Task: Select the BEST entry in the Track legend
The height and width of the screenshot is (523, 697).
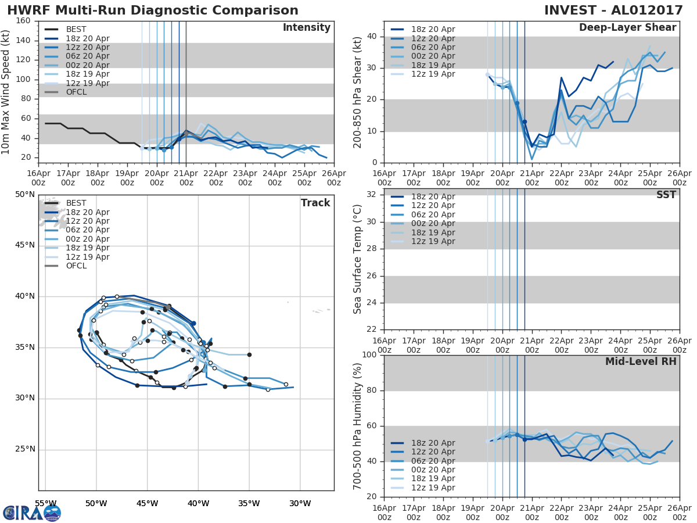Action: click(x=76, y=203)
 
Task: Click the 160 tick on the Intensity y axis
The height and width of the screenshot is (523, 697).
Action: click(x=23, y=21)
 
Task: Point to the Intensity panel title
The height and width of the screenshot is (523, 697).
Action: click(x=306, y=28)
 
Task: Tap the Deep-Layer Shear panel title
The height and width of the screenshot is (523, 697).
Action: click(x=627, y=28)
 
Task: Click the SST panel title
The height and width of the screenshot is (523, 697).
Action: click(x=666, y=195)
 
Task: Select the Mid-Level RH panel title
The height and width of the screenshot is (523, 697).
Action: click(x=641, y=361)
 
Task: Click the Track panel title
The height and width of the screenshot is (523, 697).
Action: click(x=315, y=203)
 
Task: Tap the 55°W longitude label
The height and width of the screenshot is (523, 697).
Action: click(x=46, y=503)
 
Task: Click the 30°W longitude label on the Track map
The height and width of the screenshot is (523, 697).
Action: click(x=300, y=503)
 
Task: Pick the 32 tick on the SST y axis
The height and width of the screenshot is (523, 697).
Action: click(x=370, y=194)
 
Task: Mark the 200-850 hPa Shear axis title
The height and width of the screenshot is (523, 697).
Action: click(x=358, y=92)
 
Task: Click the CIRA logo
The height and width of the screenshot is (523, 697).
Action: click(x=32, y=513)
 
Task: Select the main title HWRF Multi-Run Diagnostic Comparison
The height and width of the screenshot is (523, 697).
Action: click(x=153, y=10)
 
